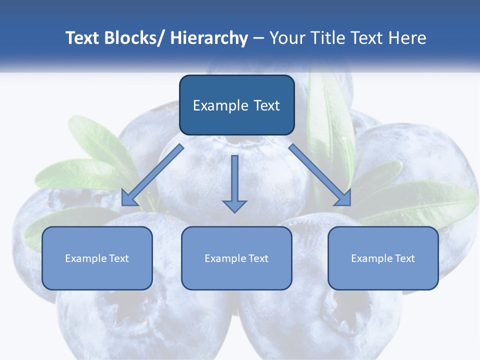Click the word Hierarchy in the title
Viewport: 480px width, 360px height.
(x=209, y=38)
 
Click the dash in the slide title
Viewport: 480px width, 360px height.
(x=258, y=38)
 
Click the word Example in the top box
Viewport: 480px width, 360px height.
(x=220, y=105)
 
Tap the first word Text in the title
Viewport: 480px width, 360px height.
(x=81, y=38)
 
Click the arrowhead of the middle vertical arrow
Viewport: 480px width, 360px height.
(x=234, y=205)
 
